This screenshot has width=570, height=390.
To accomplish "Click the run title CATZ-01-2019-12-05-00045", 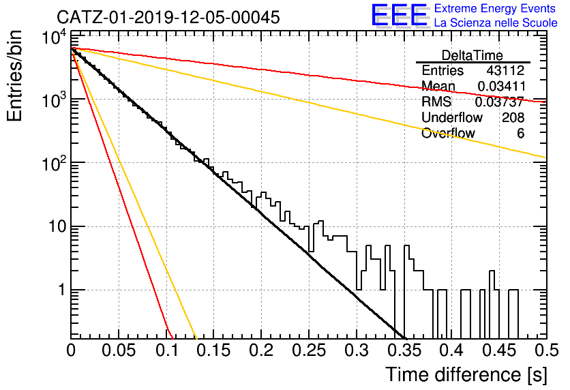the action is pos(168,17).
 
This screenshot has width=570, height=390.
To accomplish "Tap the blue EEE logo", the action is pos(399,15).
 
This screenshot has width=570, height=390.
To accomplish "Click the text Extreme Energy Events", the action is pos(495,8).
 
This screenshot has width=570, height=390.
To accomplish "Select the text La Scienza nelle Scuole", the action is pos(496,22).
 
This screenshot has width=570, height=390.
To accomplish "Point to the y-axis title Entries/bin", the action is pos(14,76).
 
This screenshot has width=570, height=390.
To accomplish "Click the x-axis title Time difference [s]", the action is pos(466,374).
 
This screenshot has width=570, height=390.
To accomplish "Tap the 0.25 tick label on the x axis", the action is pos(309,350).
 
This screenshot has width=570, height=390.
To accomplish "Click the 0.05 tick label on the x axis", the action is pos(119,350).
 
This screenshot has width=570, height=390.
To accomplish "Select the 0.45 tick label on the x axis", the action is pos(500,350).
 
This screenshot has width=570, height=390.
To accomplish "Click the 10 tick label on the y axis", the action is pos(57,227).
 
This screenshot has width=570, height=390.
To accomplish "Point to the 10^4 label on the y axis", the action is pos(55,37).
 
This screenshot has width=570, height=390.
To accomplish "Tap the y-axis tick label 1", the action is pos(61,290).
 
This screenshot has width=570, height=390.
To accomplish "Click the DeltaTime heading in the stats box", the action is pos(472,55).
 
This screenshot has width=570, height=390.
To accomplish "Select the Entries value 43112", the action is pos(505,70).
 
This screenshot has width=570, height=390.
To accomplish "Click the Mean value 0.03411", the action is pos(501,86).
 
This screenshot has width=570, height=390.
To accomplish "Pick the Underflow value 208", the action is pos(513,117).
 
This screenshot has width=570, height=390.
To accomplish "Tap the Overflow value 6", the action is pos(520,134).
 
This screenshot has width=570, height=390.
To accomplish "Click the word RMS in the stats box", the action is pos(436,102).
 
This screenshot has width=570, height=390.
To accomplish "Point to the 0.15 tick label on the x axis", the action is pos(214,350).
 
